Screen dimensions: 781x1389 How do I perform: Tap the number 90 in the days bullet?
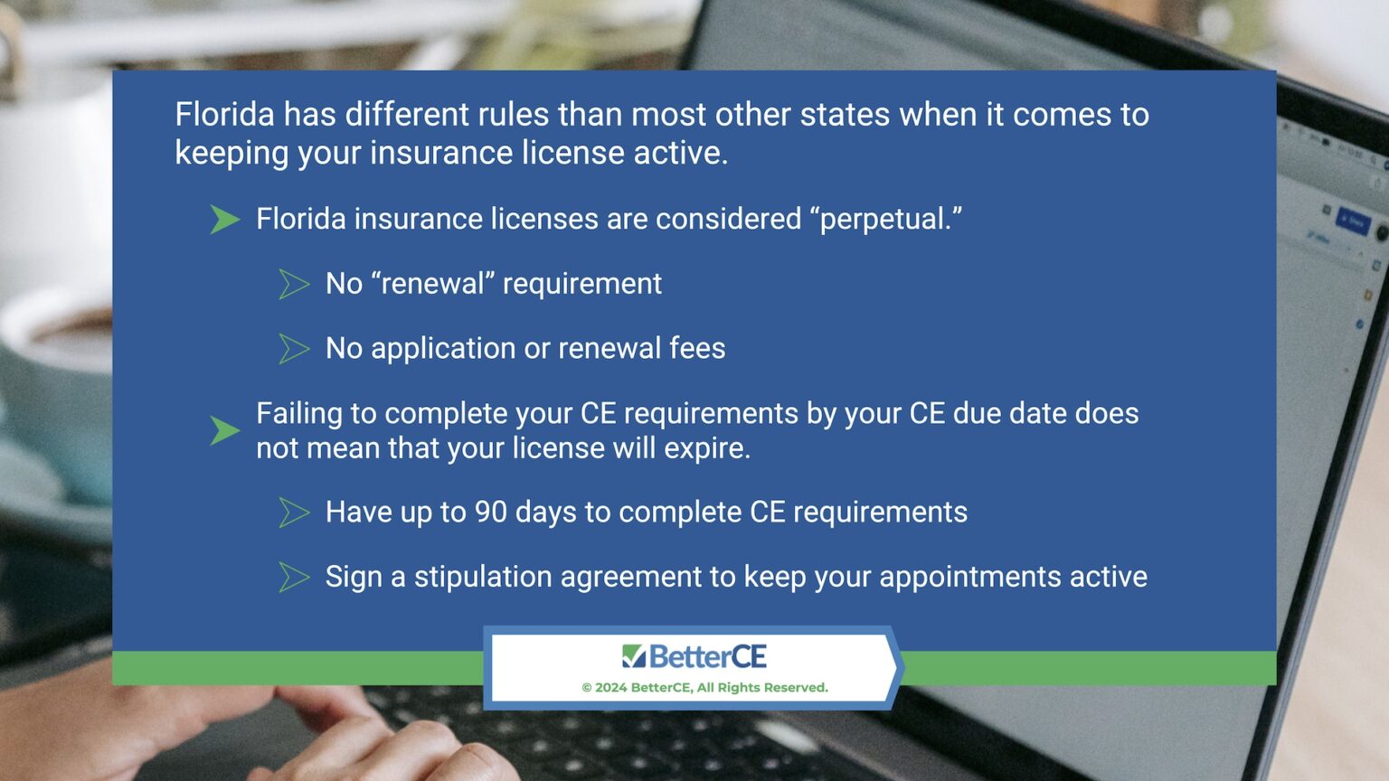[x=491, y=513]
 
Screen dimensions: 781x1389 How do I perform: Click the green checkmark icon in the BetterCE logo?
[x=634, y=656]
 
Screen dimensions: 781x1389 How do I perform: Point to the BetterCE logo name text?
[x=707, y=656]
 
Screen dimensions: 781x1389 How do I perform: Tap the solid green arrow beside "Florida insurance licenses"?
[x=224, y=220]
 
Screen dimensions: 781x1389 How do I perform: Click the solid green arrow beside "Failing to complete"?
[x=224, y=430]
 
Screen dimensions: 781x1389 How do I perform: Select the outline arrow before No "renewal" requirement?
[x=294, y=284]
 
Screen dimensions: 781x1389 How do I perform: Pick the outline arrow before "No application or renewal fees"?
[x=294, y=349]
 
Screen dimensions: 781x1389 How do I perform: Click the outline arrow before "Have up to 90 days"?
[x=294, y=513]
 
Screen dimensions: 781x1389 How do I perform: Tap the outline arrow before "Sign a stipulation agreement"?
[x=294, y=577]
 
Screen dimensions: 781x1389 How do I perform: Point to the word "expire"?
[x=705, y=448]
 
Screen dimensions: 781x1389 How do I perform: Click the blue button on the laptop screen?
[x=1352, y=221]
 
